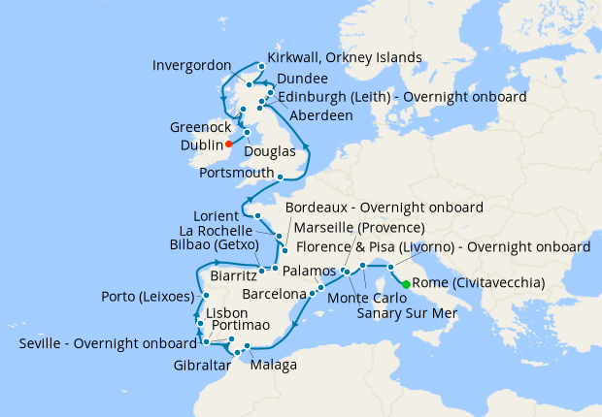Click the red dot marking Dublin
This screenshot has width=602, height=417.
click(x=230, y=144)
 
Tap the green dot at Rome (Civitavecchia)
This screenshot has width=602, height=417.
click(x=405, y=283)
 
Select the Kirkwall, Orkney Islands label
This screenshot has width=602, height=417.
click(x=344, y=58)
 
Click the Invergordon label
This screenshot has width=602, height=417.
click(x=192, y=66)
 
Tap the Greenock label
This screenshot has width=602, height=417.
click(x=200, y=127)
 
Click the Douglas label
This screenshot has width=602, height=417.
click(x=272, y=152)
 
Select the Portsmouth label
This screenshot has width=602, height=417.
click(x=236, y=173)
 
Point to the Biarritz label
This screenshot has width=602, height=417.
click(x=232, y=275)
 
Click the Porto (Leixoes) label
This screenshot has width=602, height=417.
click(x=146, y=296)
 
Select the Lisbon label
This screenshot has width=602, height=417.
click(x=227, y=313)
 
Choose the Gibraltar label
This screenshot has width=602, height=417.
click(x=203, y=365)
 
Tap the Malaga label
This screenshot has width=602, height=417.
click(x=273, y=365)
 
